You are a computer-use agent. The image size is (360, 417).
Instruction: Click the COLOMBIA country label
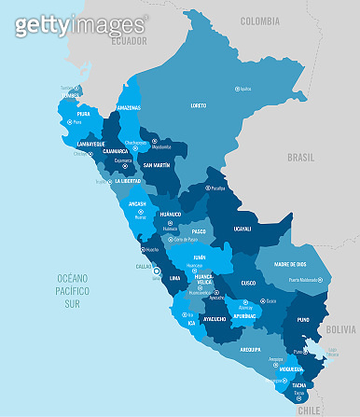click(x=260, y=21)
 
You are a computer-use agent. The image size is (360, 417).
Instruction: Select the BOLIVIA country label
click(x=342, y=329)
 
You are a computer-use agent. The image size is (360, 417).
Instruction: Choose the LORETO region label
click(x=199, y=105)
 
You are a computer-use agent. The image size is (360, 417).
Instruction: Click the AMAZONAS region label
click(x=129, y=107)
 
